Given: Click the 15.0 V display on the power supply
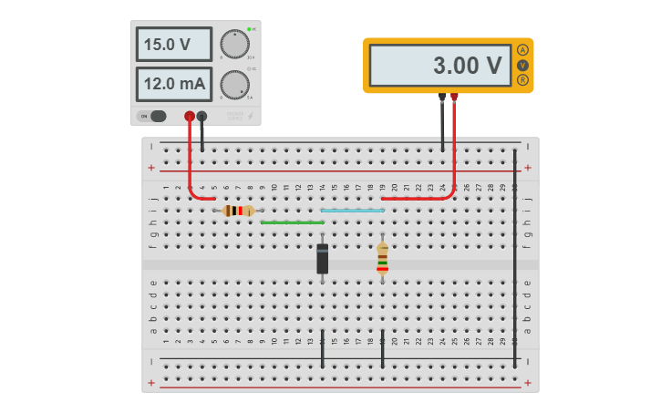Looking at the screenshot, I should pos(173,44).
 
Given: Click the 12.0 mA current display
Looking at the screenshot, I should pos(173,84).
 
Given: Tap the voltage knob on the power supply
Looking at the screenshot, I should pos(234,43).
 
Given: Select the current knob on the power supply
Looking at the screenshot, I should pos(234,84).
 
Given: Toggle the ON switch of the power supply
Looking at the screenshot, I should pos(153,116).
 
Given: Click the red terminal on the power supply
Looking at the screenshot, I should pos(190,116).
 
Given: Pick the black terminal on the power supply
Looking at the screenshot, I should pos(201,116).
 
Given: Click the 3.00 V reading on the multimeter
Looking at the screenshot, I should pos(439,66).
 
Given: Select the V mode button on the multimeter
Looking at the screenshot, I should pos(522,65).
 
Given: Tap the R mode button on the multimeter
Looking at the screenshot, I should pos(522,79).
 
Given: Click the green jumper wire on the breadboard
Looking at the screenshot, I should pos(292,222).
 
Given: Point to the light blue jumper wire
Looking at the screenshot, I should pos(352,211).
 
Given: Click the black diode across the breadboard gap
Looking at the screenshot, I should pos(322,259).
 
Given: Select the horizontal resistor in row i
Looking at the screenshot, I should pos(238,211).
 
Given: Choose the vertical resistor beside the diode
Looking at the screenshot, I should pos(382,258).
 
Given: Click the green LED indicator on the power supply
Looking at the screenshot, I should pos(248,29).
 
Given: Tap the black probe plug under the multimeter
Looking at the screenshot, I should pos(442,97).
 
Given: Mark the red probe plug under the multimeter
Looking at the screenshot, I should pos(454,97).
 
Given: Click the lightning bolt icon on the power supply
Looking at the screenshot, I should pos(251,116).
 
